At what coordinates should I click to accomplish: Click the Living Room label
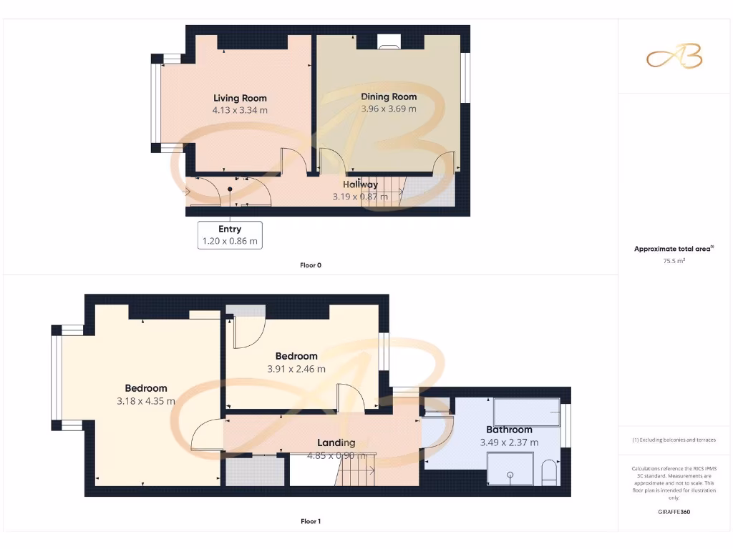click(x=240, y=98)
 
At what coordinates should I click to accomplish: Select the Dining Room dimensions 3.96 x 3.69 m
click(x=389, y=109)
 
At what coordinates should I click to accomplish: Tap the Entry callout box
click(x=230, y=234)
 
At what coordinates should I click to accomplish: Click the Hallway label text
click(x=360, y=184)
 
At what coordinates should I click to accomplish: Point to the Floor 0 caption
click(x=310, y=265)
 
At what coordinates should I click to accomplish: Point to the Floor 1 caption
click(x=310, y=522)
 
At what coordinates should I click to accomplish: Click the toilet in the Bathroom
click(x=550, y=473)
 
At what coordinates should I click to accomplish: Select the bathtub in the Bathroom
click(x=527, y=412)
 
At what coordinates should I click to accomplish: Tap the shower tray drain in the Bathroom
click(x=510, y=474)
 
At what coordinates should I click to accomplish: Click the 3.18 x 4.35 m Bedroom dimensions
click(x=146, y=401)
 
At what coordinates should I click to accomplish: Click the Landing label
click(x=336, y=442)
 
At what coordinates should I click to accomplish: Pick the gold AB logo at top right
click(x=674, y=57)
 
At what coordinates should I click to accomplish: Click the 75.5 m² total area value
click(x=674, y=261)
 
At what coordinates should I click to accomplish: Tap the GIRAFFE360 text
click(x=674, y=512)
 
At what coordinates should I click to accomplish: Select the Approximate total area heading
click(x=674, y=249)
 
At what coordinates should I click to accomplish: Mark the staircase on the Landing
click(x=356, y=471)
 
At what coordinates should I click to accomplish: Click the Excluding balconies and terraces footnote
click(x=674, y=440)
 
